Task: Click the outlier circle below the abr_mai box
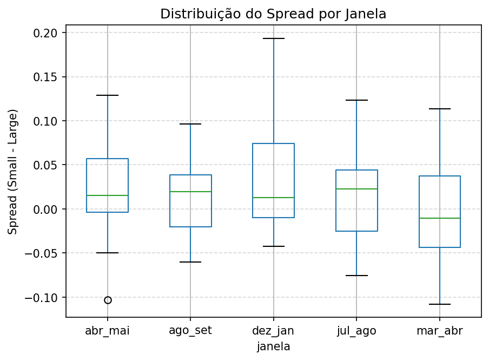[108, 300]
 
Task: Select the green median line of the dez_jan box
[273, 198]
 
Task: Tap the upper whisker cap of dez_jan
[273, 38]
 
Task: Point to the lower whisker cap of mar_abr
[439, 304]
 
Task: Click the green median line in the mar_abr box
[439, 218]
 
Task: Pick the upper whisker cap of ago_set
[190, 124]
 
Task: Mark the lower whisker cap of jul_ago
[356, 276]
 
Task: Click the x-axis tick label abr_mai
[108, 331]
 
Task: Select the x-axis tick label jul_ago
[356, 331]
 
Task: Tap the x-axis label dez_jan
[273, 331]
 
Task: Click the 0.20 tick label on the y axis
[48, 33]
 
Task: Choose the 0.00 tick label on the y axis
[48, 209]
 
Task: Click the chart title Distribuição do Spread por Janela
[273, 14]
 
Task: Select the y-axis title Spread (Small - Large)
[13, 171]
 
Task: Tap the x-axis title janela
[273, 346]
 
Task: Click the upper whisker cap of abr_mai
[108, 95]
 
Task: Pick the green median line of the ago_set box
[190, 192]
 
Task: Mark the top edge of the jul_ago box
[356, 170]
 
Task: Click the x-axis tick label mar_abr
[439, 331]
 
